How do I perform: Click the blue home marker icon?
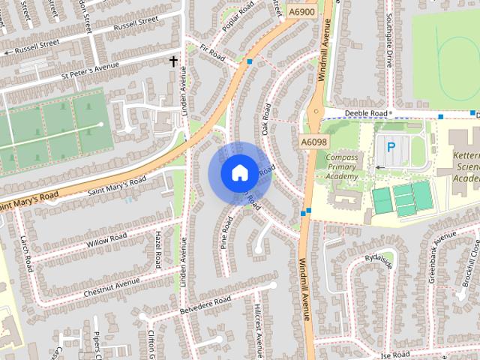[238, 173]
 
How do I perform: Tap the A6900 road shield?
[301, 11]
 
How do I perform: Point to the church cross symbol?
[174, 61]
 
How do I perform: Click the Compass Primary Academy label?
[342, 166]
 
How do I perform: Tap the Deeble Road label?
[367, 113]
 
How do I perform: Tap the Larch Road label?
[28, 253]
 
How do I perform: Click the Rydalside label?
[379, 259]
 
